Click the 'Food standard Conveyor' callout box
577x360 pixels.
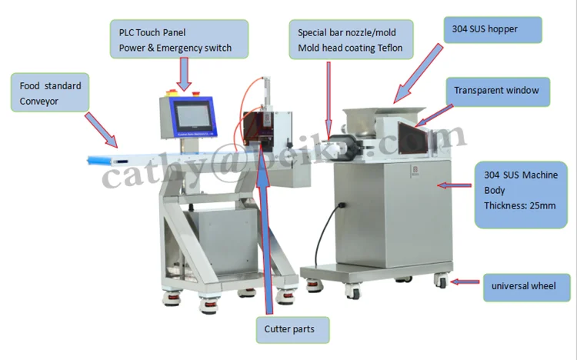click(50, 92)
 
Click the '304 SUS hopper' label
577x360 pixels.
click(492, 30)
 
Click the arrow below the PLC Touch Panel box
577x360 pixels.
click(185, 75)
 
